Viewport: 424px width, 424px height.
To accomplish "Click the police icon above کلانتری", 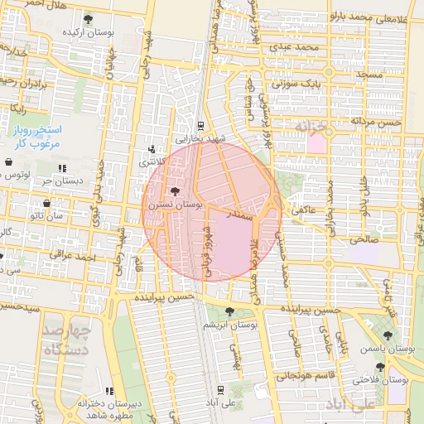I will (x=151, y=150).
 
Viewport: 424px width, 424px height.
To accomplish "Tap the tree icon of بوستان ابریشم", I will (x=230, y=311).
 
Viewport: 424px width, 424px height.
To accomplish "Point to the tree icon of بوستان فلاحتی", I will (x=380, y=367).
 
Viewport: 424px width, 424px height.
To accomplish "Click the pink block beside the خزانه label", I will (x=316, y=142).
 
